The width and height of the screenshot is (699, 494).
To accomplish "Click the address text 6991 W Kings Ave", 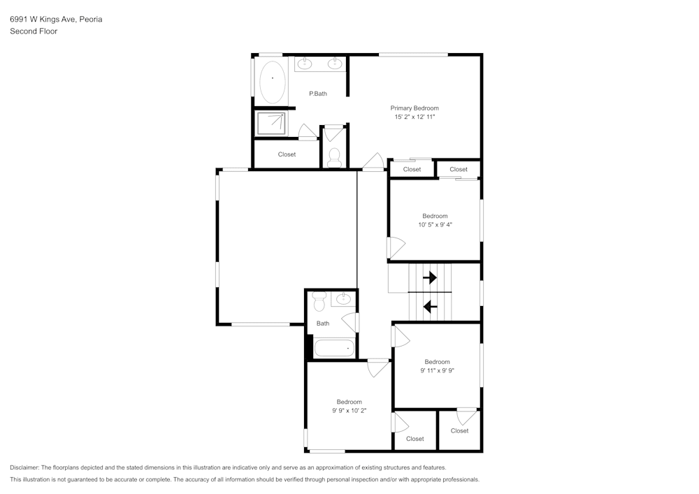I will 43,20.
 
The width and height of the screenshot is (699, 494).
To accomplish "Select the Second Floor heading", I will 34,31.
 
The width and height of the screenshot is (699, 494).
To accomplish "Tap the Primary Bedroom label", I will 415,108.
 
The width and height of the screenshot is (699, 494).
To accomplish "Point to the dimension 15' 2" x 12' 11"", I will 415,117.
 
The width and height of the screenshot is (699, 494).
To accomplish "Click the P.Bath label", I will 318,94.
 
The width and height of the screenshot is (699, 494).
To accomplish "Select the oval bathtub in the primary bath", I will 273,82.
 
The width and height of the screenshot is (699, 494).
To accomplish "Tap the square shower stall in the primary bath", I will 271,124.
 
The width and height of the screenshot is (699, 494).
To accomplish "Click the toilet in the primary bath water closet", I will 334,156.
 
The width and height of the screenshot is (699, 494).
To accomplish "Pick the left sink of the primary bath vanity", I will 305,64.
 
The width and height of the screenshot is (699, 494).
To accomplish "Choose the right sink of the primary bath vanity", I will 336,64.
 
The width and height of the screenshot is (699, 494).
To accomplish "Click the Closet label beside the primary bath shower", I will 287,154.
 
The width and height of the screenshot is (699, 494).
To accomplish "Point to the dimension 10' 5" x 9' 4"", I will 435,225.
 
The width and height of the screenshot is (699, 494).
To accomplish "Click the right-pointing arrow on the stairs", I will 430,277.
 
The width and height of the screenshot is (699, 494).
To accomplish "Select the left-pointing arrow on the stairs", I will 431,305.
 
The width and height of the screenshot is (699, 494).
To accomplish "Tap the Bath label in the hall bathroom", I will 323,324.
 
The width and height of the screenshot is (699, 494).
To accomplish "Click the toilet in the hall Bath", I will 319,302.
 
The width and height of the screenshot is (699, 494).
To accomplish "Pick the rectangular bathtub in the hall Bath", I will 334,348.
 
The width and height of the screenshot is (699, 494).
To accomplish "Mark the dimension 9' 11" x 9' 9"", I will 438,371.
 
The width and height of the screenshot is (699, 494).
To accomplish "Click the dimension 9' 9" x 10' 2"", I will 349,411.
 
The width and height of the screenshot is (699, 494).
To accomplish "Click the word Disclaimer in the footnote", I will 24,467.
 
